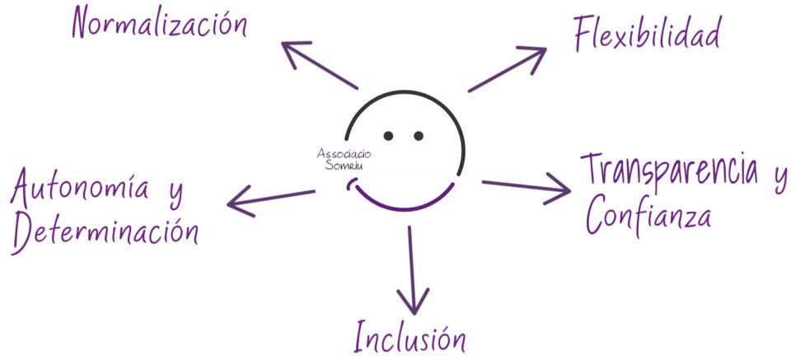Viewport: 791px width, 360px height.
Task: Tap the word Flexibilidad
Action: coord(647,33)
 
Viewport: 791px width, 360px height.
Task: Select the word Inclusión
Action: coord(410,337)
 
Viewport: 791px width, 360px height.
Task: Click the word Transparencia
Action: coord(668,171)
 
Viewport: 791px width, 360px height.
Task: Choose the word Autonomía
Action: coord(79,190)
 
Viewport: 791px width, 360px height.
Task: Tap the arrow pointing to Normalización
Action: coord(317,63)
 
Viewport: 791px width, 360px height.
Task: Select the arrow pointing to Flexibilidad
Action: coord(508,68)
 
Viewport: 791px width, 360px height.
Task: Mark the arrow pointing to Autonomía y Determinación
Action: coord(271,198)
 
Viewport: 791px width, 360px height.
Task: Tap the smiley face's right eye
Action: coord(419,135)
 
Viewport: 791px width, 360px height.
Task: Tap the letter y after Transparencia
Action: coord(778,175)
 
